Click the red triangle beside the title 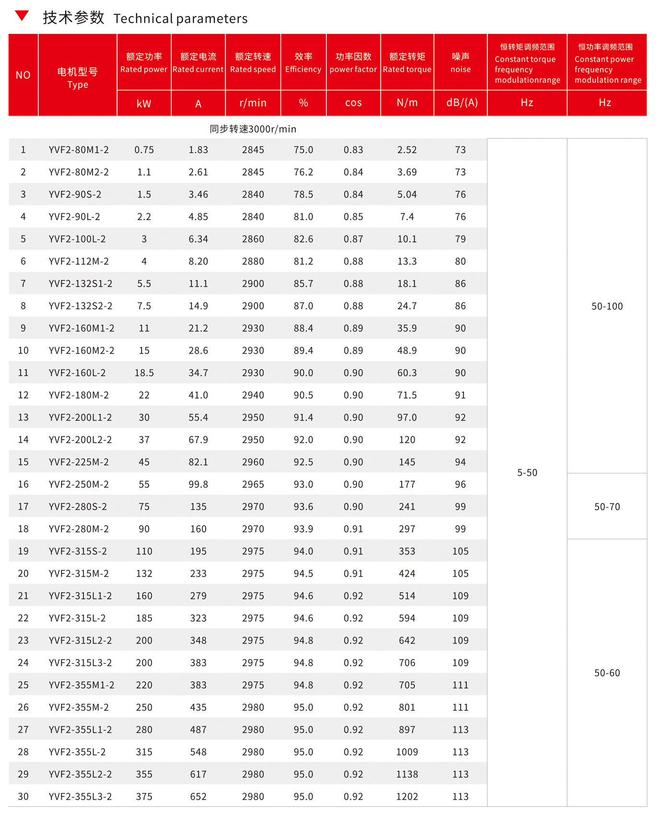(22, 16)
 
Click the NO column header (23, 75)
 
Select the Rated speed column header (253, 63)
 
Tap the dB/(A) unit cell (462, 103)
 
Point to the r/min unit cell (253, 103)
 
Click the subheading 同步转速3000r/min (253, 129)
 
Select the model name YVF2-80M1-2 (79, 150)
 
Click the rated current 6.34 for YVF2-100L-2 (198, 239)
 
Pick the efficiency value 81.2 (303, 261)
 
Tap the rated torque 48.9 (407, 351)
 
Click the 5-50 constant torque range (527, 473)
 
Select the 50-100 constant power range (607, 306)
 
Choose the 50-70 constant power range (607, 507)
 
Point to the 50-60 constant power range (607, 673)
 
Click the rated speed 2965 (253, 484)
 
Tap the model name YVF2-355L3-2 (80, 796)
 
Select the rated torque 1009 (407, 752)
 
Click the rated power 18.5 (144, 373)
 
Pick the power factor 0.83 (353, 150)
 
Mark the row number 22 (23, 618)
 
